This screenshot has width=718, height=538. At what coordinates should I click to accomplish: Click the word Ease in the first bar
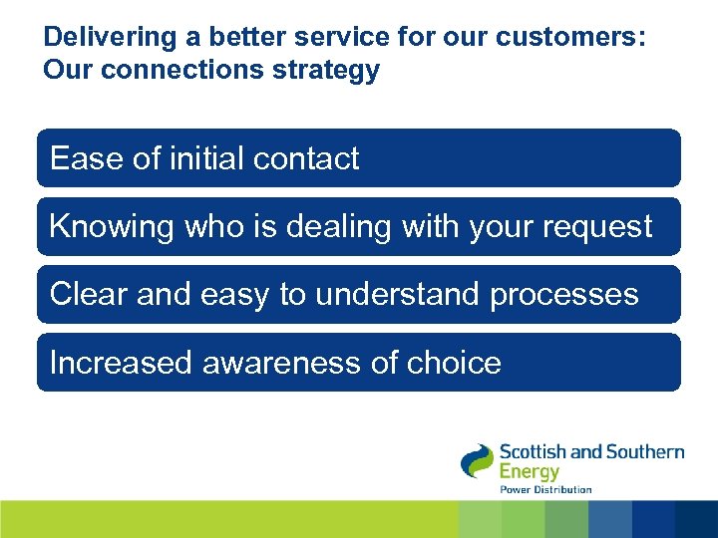point(79,158)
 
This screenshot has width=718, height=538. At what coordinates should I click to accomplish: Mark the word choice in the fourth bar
point(454,363)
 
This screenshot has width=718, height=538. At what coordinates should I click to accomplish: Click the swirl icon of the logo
point(477,461)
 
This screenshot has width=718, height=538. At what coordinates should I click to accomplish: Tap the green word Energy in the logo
point(529,471)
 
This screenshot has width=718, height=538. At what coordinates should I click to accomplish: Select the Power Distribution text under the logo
point(545,489)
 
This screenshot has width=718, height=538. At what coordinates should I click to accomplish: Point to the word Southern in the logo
point(644,451)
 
